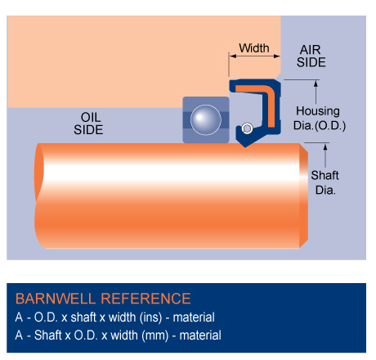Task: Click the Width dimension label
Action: pos(254,48)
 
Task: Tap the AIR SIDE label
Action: pos(311,56)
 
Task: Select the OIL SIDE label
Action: pos(88,124)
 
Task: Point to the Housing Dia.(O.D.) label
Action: pos(319,118)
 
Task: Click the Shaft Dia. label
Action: pos(325,182)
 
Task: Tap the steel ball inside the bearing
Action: pos(206,120)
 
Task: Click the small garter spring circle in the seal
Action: pos(247,128)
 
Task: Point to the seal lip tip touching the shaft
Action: pos(245,146)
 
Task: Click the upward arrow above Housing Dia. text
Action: pos(316,92)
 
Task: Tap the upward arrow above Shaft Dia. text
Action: pos(325,155)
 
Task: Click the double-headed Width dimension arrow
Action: pos(254,56)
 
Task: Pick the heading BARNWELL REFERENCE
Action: pos(103,299)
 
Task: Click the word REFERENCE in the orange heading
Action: pos(145,299)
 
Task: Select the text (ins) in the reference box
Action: pos(150,317)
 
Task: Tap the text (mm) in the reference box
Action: pos(155,335)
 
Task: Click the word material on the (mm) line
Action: pos(200,335)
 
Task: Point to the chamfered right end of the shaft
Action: pos(304,196)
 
